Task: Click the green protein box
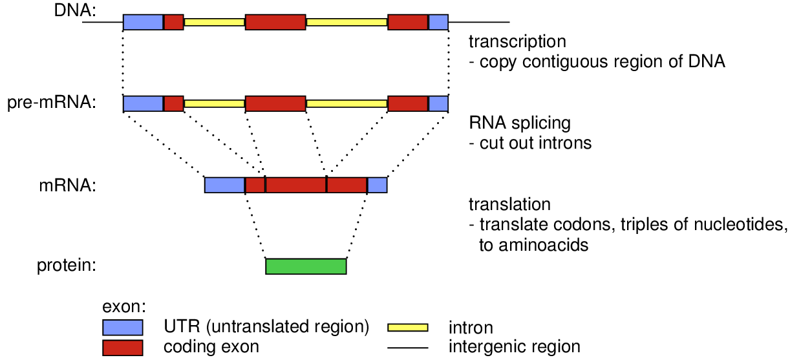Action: [306, 266]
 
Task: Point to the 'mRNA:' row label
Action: [67, 185]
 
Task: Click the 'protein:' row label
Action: [67, 266]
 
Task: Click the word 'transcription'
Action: [517, 42]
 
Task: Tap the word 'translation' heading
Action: [509, 204]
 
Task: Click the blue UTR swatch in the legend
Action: [122, 326]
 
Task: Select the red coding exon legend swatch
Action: [122, 347]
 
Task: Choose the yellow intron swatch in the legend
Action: [407, 327]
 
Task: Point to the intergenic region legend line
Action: [407, 348]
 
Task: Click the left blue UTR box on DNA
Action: [143, 22]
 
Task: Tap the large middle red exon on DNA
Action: [275, 22]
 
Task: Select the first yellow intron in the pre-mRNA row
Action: [215, 103]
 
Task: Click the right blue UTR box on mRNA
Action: [378, 185]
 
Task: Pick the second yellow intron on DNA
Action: [347, 22]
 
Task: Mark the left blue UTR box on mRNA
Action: [224, 185]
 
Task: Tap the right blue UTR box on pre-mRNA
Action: [438, 103]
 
